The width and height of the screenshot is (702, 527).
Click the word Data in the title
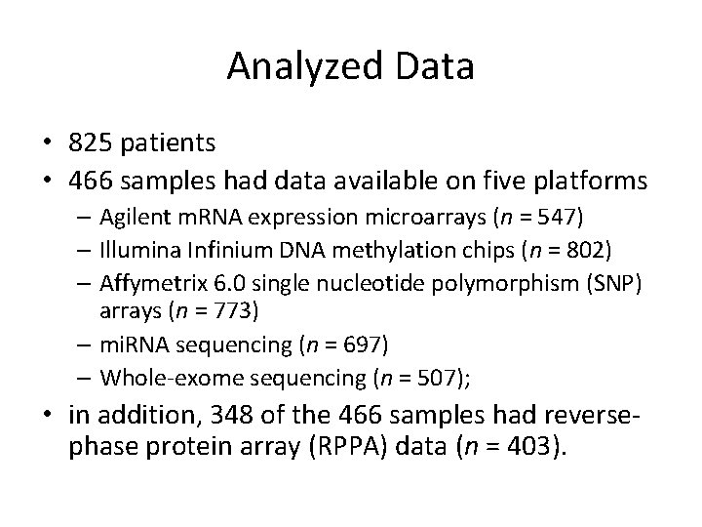click(x=435, y=67)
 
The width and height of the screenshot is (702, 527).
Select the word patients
click(x=169, y=143)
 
